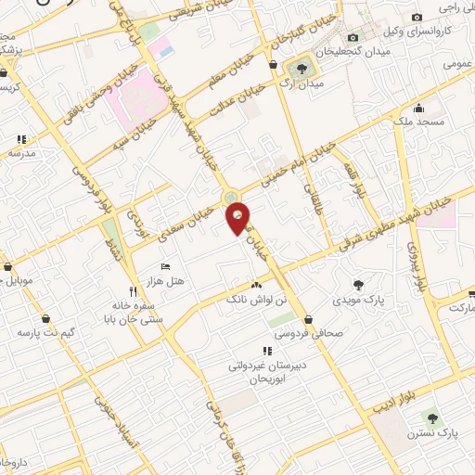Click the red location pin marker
[x=238, y=218]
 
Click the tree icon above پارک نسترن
[x=431, y=417]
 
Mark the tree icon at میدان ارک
[x=301, y=68]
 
